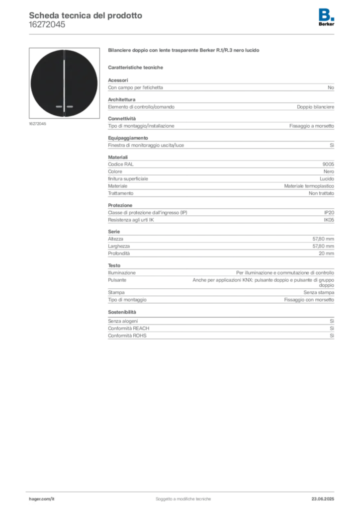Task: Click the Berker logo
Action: pyautogui.click(x=326, y=17)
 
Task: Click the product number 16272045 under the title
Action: pyautogui.click(x=47, y=25)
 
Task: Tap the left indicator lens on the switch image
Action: pyautogui.click(x=59, y=106)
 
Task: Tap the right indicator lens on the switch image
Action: pyautogui.click(x=70, y=106)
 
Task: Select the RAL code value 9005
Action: pyautogui.click(x=328, y=164)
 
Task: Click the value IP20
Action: pyautogui.click(x=329, y=213)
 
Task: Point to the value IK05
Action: pyautogui.click(x=329, y=220)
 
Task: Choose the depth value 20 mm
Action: pyautogui.click(x=326, y=253)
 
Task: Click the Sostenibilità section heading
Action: pyautogui.click(x=122, y=312)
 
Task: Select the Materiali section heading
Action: pyautogui.click(x=118, y=157)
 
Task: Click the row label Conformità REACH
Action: pyautogui.click(x=129, y=328)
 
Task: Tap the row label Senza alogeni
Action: pyautogui.click(x=123, y=321)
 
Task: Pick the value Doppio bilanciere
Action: pyautogui.click(x=316, y=107)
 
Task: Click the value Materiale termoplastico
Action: pyautogui.click(x=309, y=186)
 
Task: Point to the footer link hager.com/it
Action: pyautogui.click(x=42, y=499)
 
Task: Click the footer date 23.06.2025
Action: pyautogui.click(x=323, y=499)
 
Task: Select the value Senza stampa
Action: pyautogui.click(x=319, y=292)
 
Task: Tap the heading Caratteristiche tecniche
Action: pyautogui.click(x=135, y=68)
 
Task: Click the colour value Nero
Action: pyautogui.click(x=329, y=171)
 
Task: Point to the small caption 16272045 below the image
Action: pyautogui.click(x=37, y=124)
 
